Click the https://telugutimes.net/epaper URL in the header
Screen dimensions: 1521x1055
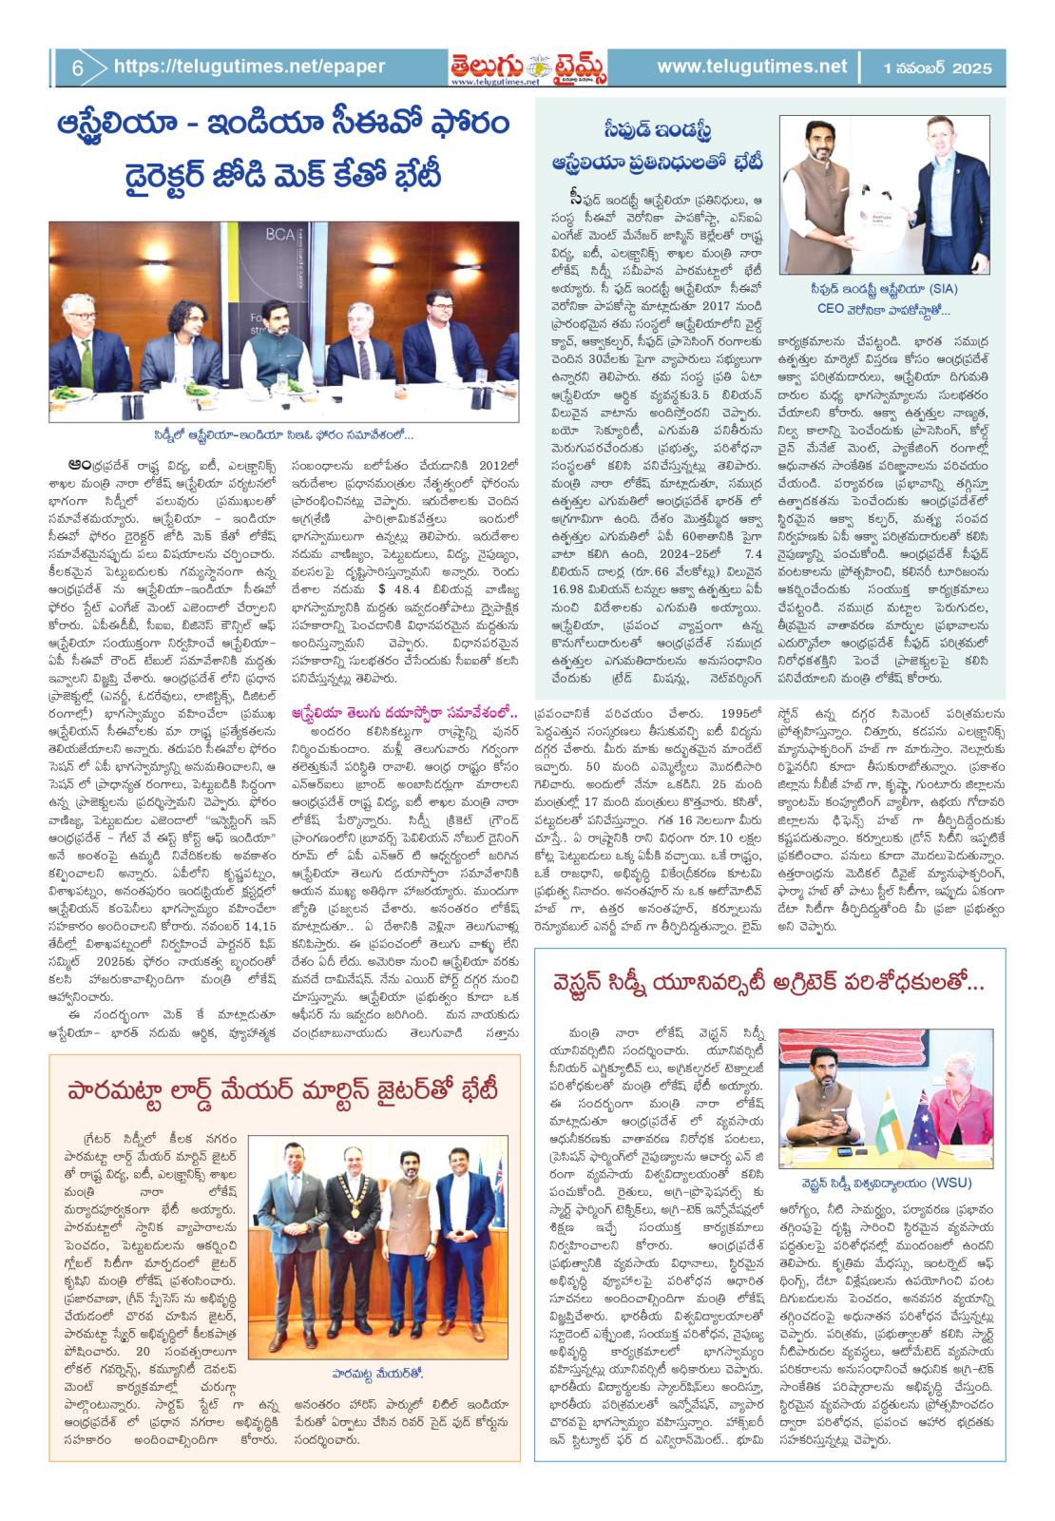[249, 67]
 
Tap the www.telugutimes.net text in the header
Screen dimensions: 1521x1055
[751, 67]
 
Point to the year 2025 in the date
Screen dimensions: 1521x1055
[968, 68]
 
